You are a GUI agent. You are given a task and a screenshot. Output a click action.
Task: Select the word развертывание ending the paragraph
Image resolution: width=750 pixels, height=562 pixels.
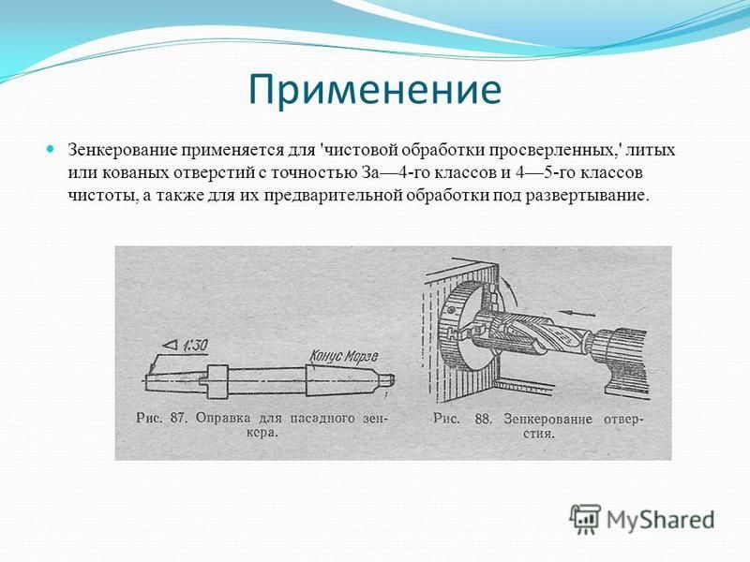(x=588, y=196)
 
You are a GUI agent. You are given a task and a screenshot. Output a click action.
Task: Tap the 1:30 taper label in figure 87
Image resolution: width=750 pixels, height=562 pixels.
(x=194, y=345)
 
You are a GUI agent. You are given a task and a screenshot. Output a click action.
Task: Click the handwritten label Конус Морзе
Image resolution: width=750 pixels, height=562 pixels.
(x=343, y=356)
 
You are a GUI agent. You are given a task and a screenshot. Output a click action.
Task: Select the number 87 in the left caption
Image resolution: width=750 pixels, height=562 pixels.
(x=177, y=418)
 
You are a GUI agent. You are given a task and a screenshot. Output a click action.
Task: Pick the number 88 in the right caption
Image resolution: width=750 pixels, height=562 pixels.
(x=483, y=419)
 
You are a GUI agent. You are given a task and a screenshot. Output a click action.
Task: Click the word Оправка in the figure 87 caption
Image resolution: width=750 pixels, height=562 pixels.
(x=223, y=418)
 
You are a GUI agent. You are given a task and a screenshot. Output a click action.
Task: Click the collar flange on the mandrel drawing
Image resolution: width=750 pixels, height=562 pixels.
(x=217, y=382)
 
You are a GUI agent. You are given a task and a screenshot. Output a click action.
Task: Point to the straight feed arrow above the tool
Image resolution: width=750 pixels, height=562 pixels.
(x=578, y=314)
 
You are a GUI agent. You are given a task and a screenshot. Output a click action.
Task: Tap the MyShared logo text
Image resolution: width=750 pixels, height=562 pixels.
(x=661, y=520)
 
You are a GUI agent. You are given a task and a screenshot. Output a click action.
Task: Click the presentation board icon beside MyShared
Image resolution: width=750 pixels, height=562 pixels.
(x=584, y=519)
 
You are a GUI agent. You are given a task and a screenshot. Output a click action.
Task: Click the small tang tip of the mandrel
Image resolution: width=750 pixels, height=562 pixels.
(x=390, y=379)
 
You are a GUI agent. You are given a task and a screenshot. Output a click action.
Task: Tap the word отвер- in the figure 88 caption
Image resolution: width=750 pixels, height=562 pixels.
(x=623, y=419)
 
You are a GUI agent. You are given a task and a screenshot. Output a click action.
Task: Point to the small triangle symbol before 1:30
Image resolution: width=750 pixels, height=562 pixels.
(x=170, y=345)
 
